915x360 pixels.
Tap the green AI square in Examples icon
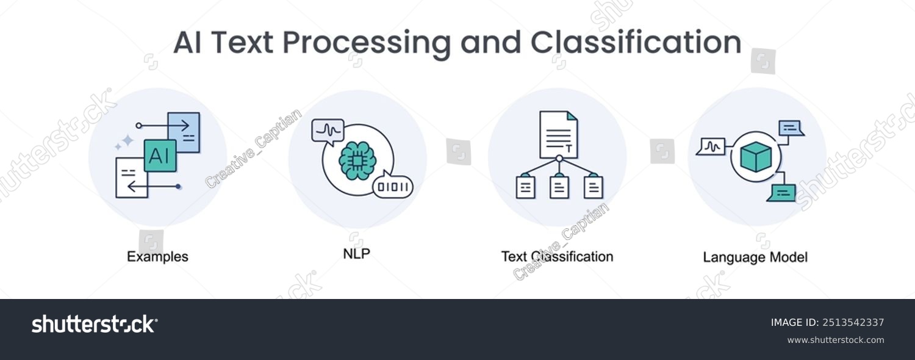tap(160, 155)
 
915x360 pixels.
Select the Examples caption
tap(157, 257)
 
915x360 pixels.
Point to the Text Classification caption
tap(557, 256)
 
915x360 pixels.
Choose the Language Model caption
tap(755, 257)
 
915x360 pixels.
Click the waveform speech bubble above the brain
tap(328, 131)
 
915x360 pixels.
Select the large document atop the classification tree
tap(558, 134)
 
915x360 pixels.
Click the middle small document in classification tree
tap(559, 187)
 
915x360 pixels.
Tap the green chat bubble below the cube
tap(782, 193)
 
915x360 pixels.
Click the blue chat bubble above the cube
tap(791, 128)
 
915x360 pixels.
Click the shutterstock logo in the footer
tap(95, 324)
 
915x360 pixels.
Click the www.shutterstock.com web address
tap(835, 340)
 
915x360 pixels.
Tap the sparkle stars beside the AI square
tap(124, 142)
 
